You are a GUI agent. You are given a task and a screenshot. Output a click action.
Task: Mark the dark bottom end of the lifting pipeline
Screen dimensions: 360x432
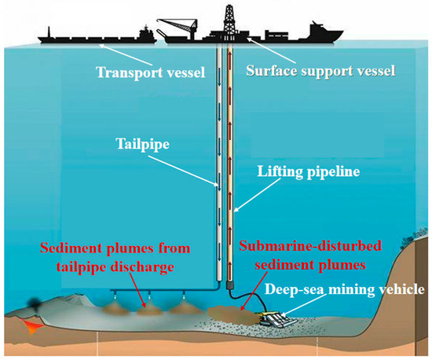(x=231, y=280)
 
